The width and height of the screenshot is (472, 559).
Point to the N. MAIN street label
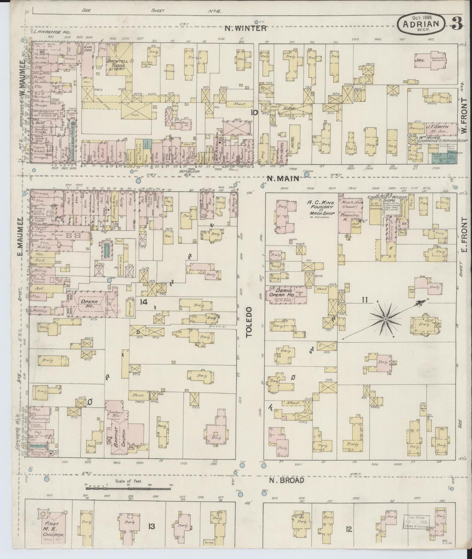pyautogui.click(x=283, y=178)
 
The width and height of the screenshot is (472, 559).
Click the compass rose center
pyautogui.click(x=385, y=318)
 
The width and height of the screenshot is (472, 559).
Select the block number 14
pyautogui.click(x=144, y=301)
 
